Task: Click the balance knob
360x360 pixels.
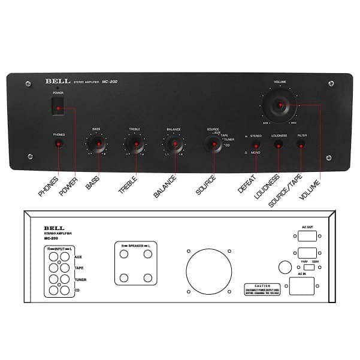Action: coord(173,144)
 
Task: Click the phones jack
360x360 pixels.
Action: coord(59,144)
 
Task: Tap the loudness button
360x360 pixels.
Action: coord(279,146)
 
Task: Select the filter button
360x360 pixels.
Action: coord(301,146)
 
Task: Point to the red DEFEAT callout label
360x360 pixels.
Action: coord(246,182)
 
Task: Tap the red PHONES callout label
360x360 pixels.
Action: coord(47,184)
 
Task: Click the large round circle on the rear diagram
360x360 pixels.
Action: coord(208,273)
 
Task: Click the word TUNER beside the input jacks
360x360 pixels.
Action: coord(80,280)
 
